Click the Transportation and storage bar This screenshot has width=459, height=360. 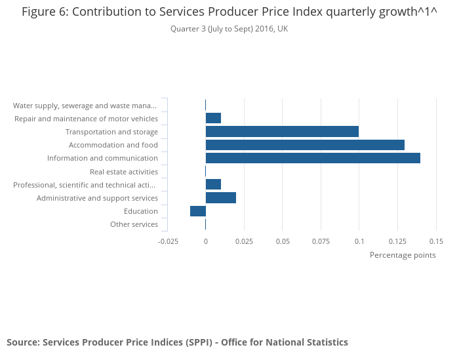[x=282, y=132]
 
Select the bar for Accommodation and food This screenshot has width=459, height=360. [x=305, y=145]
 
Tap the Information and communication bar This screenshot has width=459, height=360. [x=313, y=158]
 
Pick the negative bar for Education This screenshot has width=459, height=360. [x=198, y=211]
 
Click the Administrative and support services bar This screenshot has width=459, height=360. [x=221, y=198]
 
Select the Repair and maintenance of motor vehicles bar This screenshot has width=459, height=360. [x=213, y=119]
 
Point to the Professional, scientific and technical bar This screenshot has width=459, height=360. [x=213, y=185]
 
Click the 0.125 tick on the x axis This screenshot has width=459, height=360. [x=397, y=241]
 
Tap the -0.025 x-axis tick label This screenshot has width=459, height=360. [x=169, y=241]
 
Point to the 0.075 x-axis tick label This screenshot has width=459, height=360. [x=321, y=241]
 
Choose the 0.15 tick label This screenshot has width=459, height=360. [x=436, y=241]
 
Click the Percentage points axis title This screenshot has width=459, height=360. [x=403, y=255]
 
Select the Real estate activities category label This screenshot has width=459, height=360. [x=124, y=172]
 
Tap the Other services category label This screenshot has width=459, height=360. [x=134, y=224]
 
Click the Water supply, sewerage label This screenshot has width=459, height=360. [x=85, y=106]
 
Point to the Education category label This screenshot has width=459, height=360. [x=141, y=211]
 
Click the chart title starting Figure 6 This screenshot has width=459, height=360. [x=229, y=12]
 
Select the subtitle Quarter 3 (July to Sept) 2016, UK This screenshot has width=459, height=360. [x=229, y=29]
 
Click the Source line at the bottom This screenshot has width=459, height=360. [x=177, y=342]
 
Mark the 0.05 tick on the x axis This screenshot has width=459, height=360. [x=283, y=241]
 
